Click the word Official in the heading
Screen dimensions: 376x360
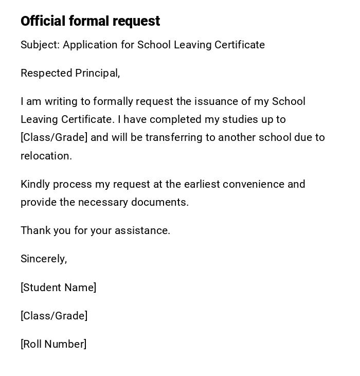point(43,21)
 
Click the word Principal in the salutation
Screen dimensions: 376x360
point(98,74)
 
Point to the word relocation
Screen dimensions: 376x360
point(45,156)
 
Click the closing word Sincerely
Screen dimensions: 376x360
point(43,259)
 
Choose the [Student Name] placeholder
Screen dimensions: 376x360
point(58,288)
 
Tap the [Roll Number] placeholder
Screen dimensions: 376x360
point(53,344)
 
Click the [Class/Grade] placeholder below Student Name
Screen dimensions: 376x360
point(54,316)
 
